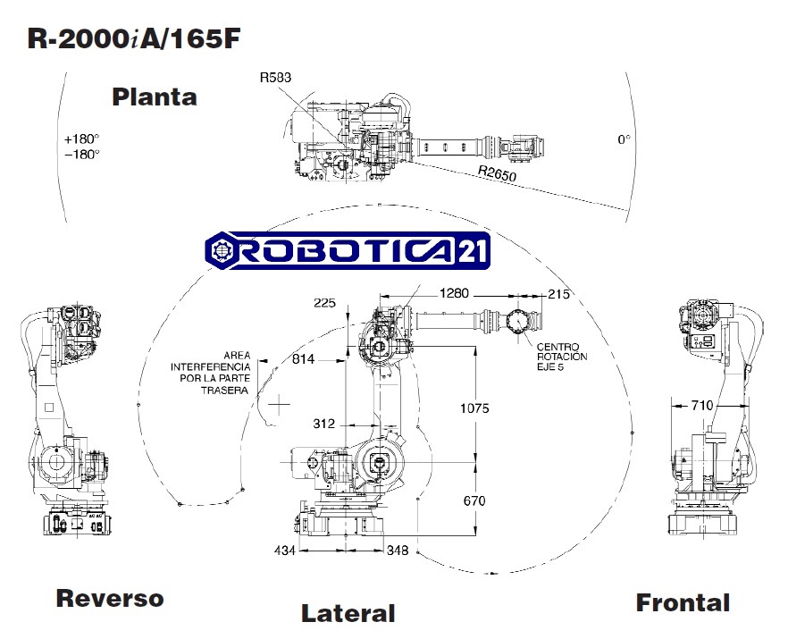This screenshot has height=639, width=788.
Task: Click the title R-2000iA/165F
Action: pos(134,38)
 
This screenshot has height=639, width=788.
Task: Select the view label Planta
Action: pos(154,97)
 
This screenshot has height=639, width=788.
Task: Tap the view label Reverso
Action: pos(110,598)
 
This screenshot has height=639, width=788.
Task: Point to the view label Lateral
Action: pos(348,613)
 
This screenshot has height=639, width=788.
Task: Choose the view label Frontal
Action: pos(683,603)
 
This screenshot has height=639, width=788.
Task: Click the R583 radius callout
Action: pos(275,78)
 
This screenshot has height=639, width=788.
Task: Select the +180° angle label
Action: pos(81,139)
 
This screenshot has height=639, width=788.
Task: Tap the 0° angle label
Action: pos(624,139)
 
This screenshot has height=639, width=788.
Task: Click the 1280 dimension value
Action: pos(455,293)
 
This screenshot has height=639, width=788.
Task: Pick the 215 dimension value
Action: pos(558,293)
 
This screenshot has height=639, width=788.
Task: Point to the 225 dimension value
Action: pos(325,303)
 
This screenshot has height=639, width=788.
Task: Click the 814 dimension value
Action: pos(304,359)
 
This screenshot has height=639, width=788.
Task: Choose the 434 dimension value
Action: pos(284,551)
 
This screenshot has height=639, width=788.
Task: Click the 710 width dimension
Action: pos(703,406)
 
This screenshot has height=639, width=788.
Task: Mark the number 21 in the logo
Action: pos(473,253)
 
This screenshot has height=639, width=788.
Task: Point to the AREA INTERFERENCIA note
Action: pos(212,372)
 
